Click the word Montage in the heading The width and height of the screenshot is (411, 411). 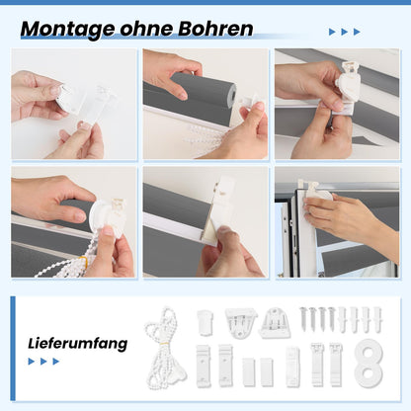coord(68,30)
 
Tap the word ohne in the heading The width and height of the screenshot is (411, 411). coord(146,29)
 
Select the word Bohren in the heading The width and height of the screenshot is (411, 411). coord(215,29)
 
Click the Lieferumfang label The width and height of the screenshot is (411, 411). coord(78,344)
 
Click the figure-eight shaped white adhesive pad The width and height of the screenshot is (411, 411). coord(369,363)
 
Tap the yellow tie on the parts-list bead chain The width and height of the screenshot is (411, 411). coord(162,345)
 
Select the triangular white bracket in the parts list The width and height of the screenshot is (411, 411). coord(241,323)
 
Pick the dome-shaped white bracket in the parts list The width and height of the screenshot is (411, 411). coord(275,323)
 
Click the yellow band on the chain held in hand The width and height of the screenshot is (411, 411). coord(85,263)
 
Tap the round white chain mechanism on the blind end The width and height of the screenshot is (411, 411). coord(102,218)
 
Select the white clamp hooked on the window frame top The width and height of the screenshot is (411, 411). coord(314,190)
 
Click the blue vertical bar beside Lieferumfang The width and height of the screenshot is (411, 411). coord(13,349)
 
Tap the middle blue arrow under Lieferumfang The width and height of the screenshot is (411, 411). coord(43,362)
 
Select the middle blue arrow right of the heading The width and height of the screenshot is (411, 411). coord(345,32)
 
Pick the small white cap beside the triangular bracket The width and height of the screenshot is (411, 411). coord(205,323)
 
